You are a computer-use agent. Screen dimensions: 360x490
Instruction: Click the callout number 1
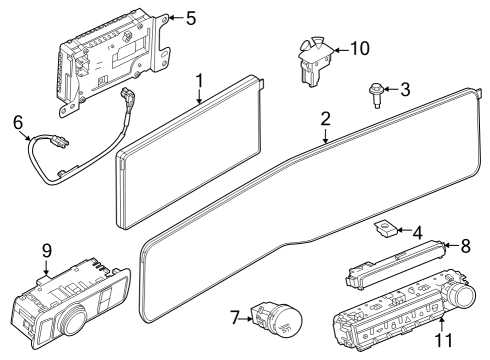pyautogui.click(x=199, y=78)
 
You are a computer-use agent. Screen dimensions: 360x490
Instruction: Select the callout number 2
pyautogui.click(x=325, y=118)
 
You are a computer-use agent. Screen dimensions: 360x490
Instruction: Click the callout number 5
pyautogui.click(x=191, y=17)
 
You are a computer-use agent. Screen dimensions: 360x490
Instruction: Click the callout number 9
pyautogui.click(x=45, y=249)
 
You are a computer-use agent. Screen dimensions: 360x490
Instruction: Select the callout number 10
pyautogui.click(x=359, y=47)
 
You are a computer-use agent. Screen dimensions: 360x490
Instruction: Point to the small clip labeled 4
pyautogui.click(x=383, y=228)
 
